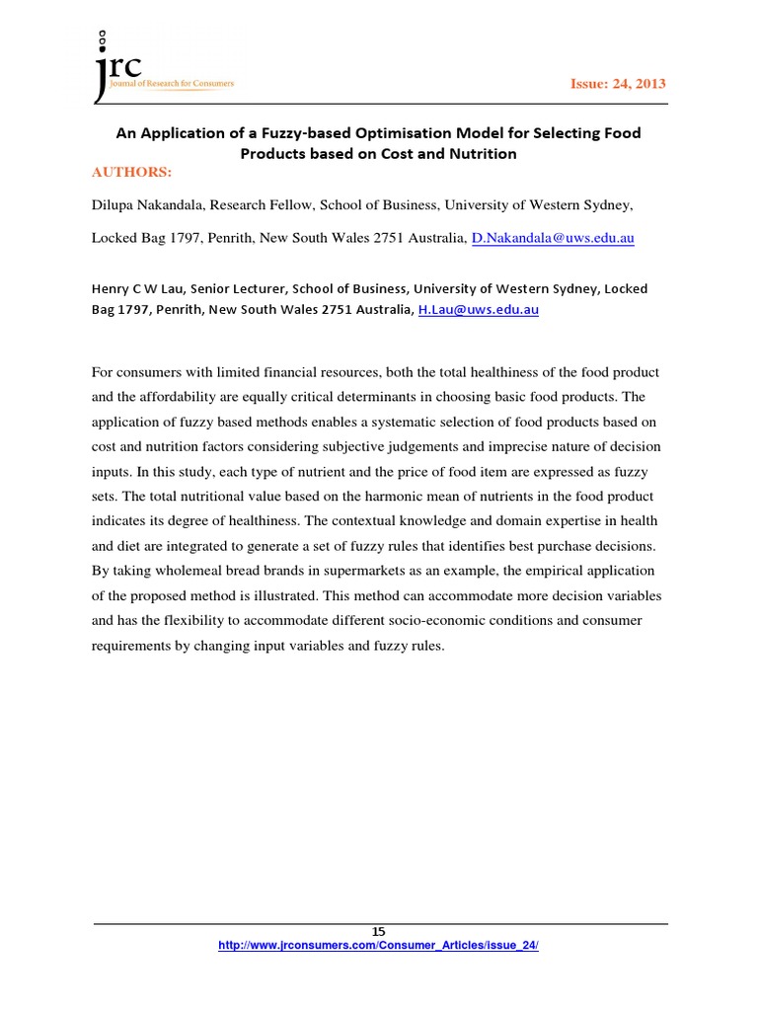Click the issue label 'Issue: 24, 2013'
pos(618,84)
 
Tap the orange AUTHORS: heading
pos(131,172)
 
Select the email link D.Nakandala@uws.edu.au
pos(553,238)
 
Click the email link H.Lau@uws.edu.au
pos(479,309)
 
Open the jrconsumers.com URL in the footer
pos(378,945)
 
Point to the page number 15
pos(378,931)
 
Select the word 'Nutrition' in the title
pos(479,153)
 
